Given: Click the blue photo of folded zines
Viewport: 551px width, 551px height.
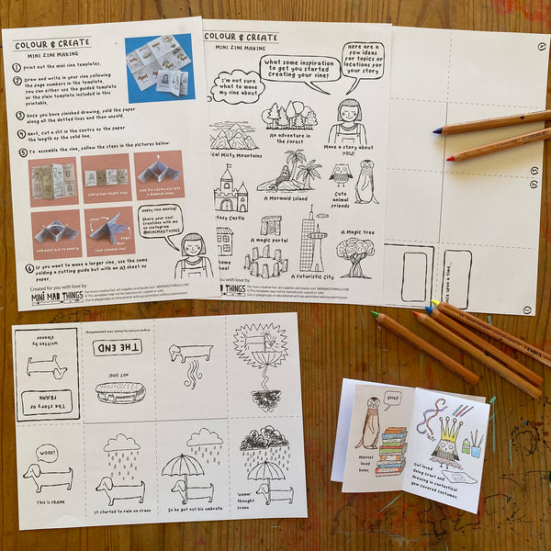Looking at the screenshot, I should click(158, 67).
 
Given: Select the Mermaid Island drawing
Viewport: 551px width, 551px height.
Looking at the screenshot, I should click(294, 170).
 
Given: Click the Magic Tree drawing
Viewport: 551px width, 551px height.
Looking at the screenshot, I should click(355, 256).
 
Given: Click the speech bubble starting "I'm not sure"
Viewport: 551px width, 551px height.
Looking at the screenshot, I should click(236, 87).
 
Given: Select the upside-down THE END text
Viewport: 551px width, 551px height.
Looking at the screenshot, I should click(118, 348).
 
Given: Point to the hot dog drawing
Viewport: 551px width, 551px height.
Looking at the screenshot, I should click(118, 392).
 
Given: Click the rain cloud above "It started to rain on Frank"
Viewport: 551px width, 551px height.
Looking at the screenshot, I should click(120, 447).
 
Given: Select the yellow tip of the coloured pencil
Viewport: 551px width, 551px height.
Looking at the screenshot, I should click(435, 304).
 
